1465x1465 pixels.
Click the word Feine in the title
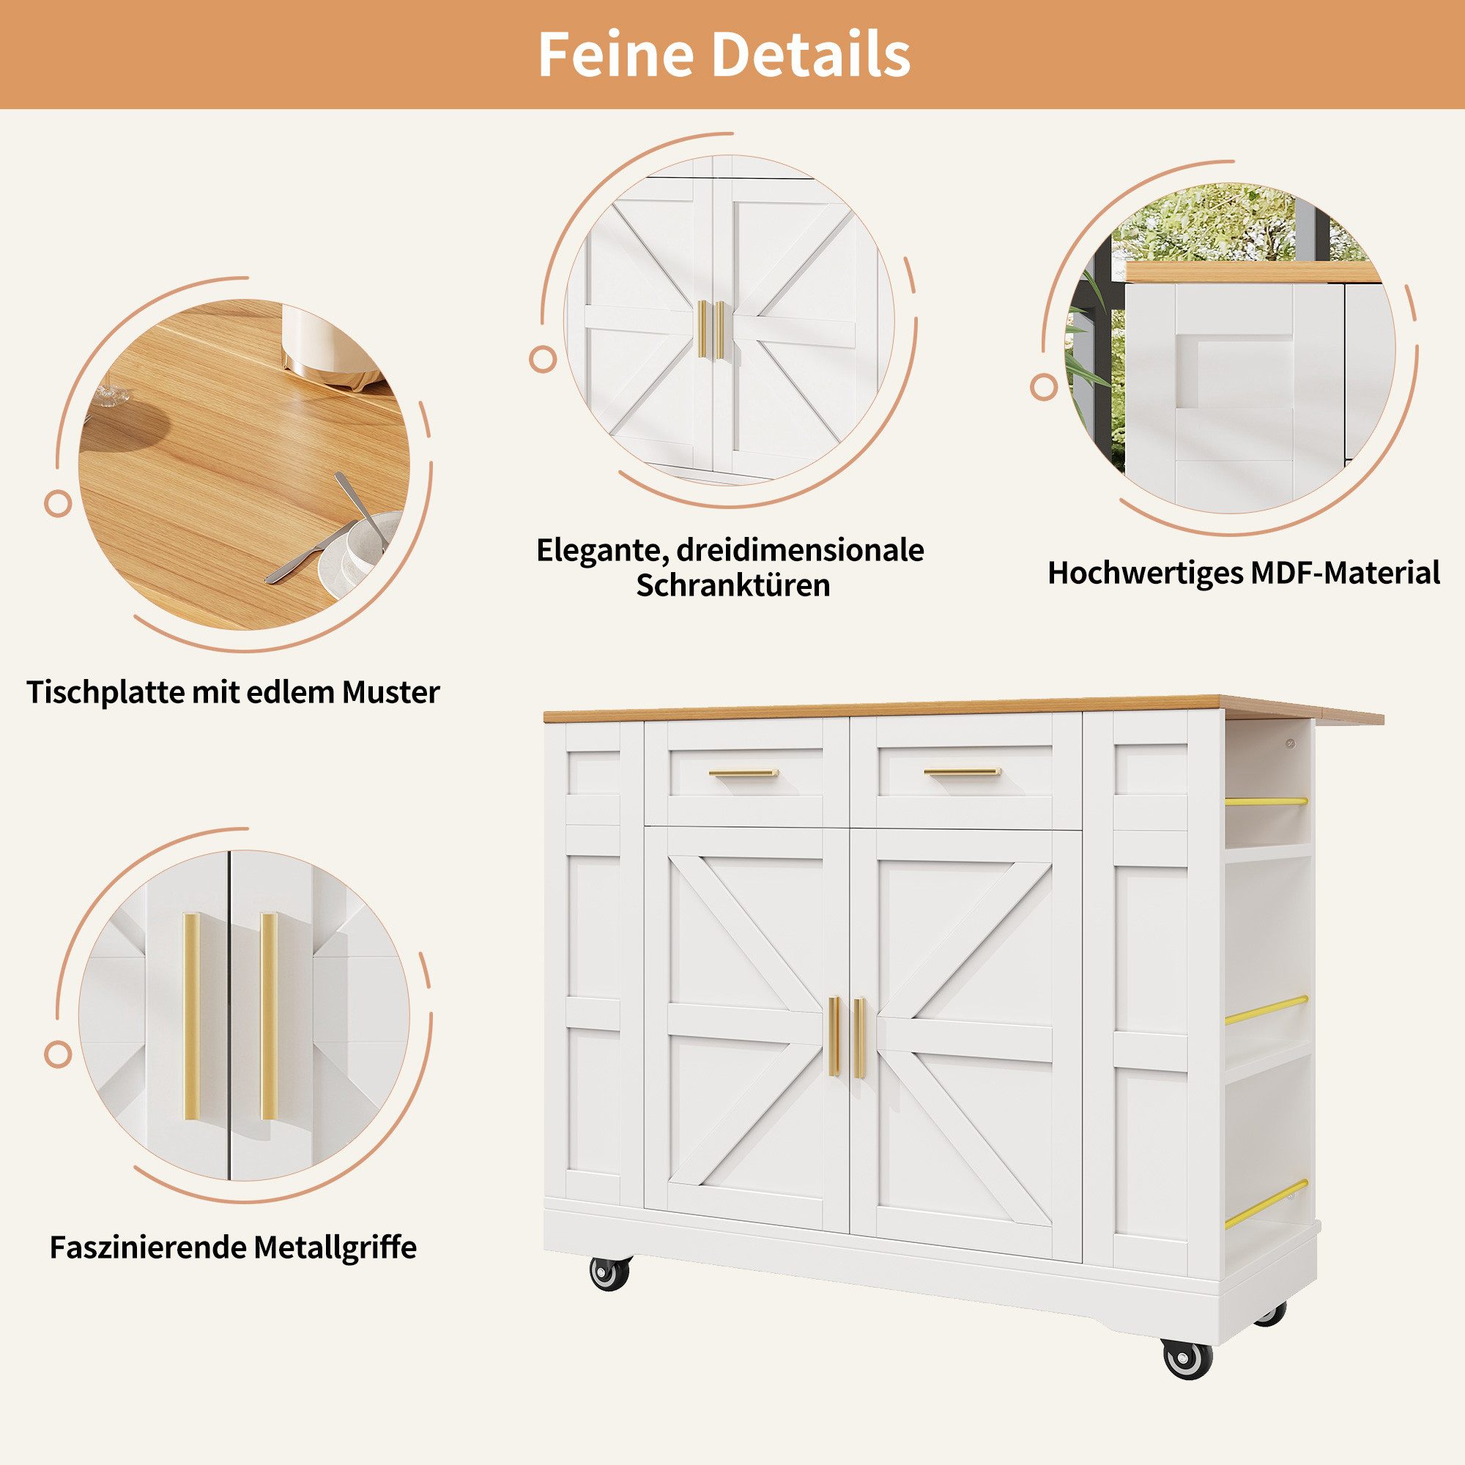pos(616,55)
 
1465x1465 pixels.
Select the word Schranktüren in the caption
pos(732,585)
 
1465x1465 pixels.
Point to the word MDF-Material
pos(1344,574)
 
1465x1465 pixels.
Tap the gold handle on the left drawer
pos(743,774)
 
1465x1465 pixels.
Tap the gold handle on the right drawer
pos(962,773)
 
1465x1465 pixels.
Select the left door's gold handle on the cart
pos(834,1036)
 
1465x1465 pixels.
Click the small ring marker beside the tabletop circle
pos(58,502)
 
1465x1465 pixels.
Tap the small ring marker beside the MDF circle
pos(1044,387)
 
